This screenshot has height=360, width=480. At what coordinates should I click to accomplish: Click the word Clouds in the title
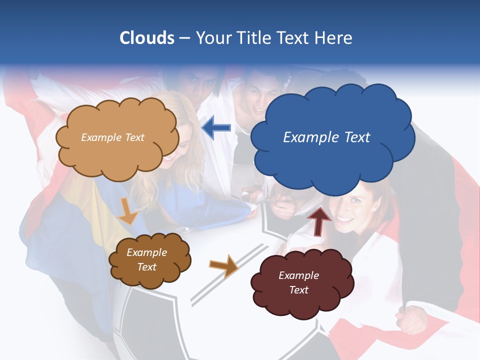(146, 38)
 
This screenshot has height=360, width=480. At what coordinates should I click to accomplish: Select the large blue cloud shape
(332, 160)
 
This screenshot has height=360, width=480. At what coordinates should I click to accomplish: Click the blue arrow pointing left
(216, 128)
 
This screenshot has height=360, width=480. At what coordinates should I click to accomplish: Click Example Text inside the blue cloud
(326, 137)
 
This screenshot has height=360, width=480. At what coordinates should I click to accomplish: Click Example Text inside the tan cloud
(112, 137)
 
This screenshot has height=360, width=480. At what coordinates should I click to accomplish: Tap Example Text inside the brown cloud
(147, 259)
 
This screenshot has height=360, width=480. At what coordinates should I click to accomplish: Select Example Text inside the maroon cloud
(298, 282)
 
